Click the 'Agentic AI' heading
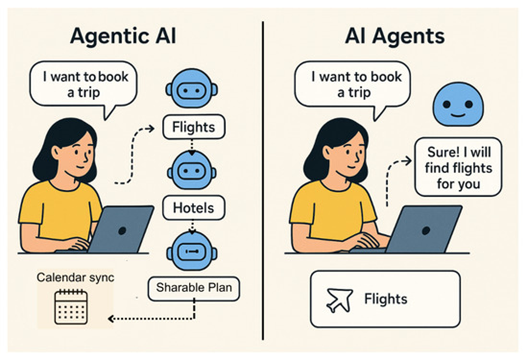(123, 37)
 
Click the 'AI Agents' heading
(394, 37)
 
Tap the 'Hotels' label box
(193, 208)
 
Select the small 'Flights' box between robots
(194, 127)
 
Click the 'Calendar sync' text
(75, 278)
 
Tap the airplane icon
(339, 300)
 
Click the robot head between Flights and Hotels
(192, 171)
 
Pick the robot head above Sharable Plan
(192, 252)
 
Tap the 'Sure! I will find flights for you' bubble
(458, 168)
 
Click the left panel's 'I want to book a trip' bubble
(83, 85)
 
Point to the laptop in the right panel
(423, 230)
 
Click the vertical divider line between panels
(263, 181)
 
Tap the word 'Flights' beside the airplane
(386, 299)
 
